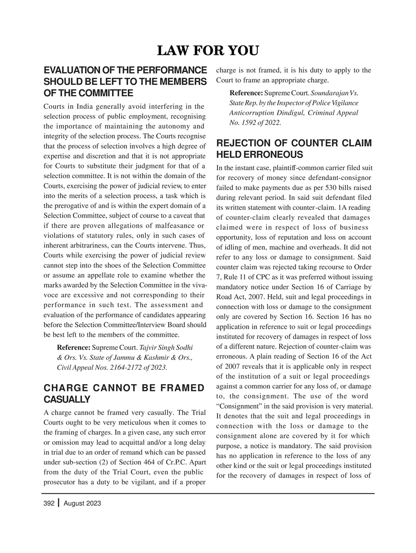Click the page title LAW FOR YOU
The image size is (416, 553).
click(208, 51)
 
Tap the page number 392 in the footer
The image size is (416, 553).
click(49, 503)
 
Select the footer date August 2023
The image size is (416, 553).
click(82, 503)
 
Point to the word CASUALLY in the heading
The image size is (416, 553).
click(67, 399)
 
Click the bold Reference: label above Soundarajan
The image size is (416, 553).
click(246, 93)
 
